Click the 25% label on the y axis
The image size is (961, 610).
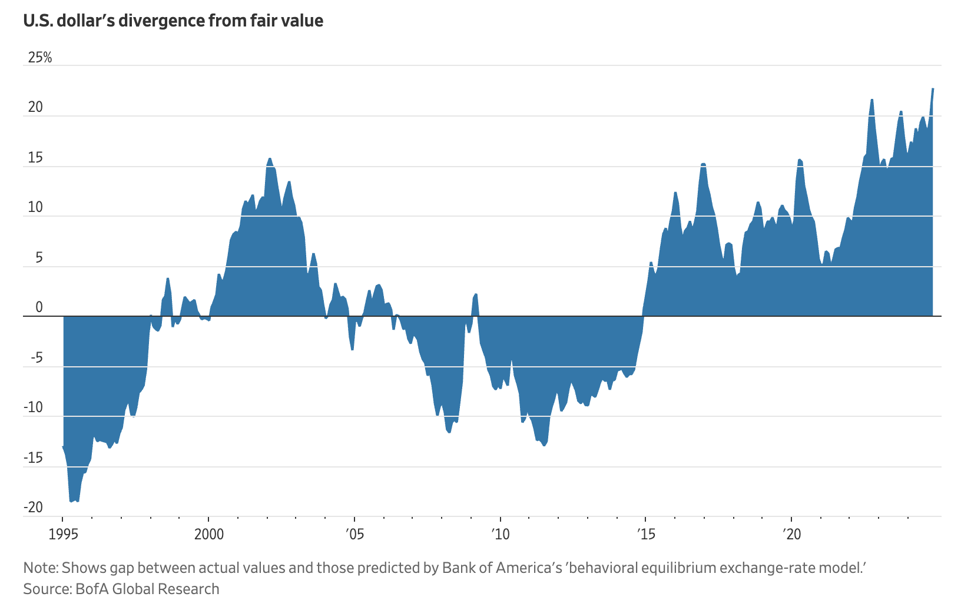pyautogui.click(x=40, y=58)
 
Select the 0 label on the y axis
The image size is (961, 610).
pyautogui.click(x=39, y=307)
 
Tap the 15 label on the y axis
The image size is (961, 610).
pyautogui.click(x=36, y=158)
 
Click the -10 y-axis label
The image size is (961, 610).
pyautogui.click(x=35, y=407)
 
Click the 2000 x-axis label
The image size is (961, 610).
pyautogui.click(x=208, y=535)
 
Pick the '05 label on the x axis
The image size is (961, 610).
pyautogui.click(x=354, y=535)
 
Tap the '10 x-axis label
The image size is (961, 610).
pyautogui.click(x=500, y=535)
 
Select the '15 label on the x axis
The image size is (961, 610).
pyautogui.click(x=646, y=535)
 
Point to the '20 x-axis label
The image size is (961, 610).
pyautogui.click(x=791, y=535)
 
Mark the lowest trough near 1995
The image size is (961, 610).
pyautogui.click(x=72, y=501)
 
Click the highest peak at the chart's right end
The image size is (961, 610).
pyautogui.click(x=933, y=89)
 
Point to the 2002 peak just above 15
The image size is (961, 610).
pyautogui.click(x=270, y=158)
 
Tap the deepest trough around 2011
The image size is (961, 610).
pyautogui.click(x=544, y=446)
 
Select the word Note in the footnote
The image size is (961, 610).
pyautogui.click(x=39, y=568)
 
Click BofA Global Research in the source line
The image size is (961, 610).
pyautogui.click(x=147, y=589)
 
